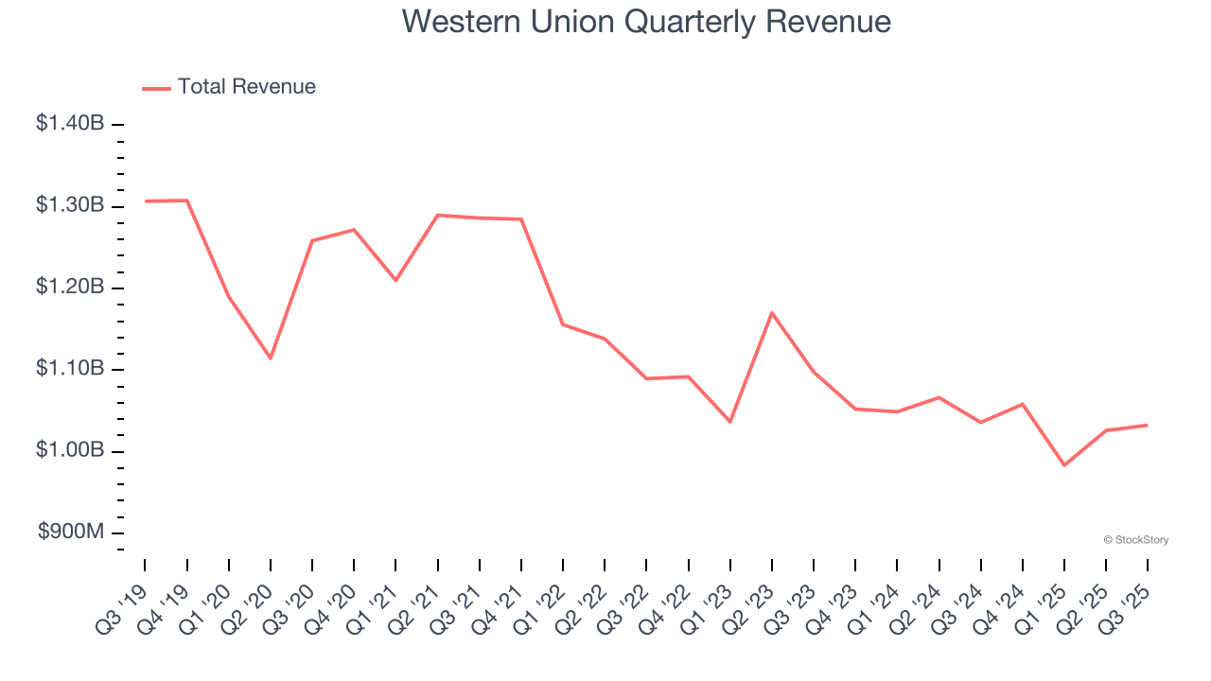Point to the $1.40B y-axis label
(70, 123)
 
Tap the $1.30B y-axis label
(70, 205)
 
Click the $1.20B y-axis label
(70, 288)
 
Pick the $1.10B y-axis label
(70, 369)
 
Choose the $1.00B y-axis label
(70, 450)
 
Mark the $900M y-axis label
(71, 533)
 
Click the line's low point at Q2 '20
(271, 358)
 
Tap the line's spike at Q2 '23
(772, 312)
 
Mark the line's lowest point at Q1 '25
(1064, 465)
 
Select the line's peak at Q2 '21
(438, 215)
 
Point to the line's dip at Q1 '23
(730, 422)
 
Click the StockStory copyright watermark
(1135, 540)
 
